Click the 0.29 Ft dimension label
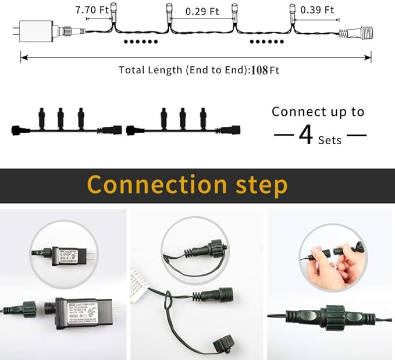[202, 10]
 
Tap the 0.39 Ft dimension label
[317, 10]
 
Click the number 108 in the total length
[259, 70]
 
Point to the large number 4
[306, 135]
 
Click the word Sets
[330, 140]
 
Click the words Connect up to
[318, 112]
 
